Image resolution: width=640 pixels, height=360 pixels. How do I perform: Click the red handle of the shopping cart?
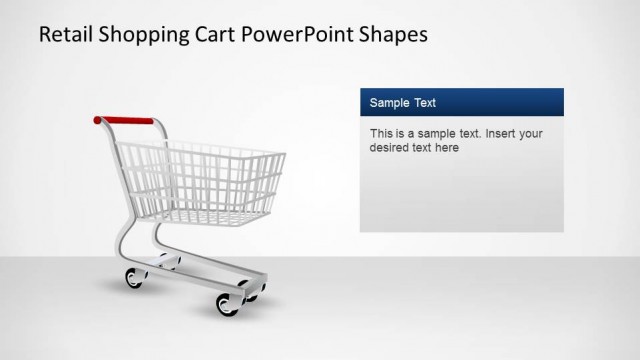click(128, 120)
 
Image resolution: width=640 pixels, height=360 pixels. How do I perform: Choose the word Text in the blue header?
click(425, 103)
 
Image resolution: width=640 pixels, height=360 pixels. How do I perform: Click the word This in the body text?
click(381, 133)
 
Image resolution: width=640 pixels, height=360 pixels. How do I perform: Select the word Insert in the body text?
click(493, 133)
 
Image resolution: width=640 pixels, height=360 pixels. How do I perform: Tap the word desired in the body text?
click(389, 148)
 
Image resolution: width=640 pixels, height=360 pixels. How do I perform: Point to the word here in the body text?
click(447, 148)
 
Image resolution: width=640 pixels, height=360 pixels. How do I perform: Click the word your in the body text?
click(529, 133)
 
